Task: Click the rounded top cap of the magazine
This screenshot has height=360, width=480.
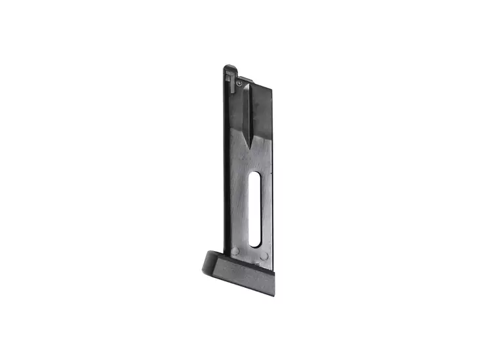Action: click(229, 68)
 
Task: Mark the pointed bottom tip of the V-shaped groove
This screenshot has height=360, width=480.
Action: click(250, 146)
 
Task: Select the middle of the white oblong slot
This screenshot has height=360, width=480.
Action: click(256, 210)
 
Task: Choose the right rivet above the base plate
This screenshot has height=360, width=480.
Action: click(265, 256)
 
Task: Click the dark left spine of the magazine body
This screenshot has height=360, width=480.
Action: click(227, 164)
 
